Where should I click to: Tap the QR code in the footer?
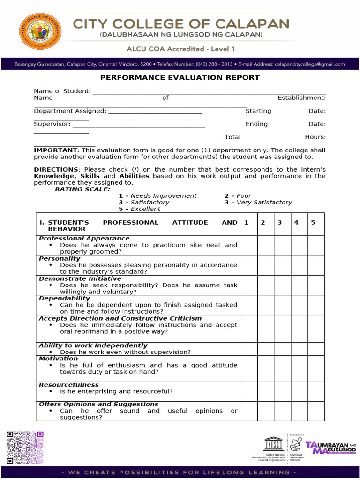[25, 447]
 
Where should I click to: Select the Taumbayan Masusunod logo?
[330, 448]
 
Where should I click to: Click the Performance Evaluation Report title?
[180, 78]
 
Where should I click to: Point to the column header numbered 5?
[313, 223]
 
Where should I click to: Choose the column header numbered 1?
[247, 223]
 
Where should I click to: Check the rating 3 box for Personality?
[280, 265]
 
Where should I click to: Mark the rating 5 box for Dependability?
[315, 305]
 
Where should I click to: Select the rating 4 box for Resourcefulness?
[299, 391]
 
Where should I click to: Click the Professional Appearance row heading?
[84, 239]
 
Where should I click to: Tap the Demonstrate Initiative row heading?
[80, 278]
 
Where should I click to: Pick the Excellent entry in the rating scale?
[145, 209]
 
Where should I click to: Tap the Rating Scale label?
[82, 189]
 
